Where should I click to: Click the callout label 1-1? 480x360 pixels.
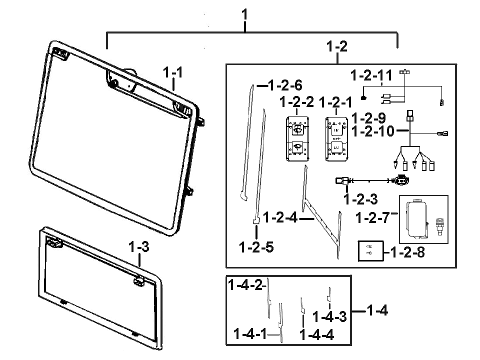[x=173, y=72]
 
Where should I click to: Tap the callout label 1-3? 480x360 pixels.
[x=138, y=247]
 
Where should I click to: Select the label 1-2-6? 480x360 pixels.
[x=285, y=85]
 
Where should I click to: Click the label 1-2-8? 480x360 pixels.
[x=406, y=252]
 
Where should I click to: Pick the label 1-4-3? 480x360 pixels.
[x=329, y=316]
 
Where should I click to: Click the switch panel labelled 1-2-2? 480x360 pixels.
[x=296, y=139]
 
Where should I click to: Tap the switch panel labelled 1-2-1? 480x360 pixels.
[x=336, y=139]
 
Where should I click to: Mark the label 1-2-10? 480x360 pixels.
[x=373, y=132]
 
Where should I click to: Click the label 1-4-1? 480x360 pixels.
[x=250, y=333]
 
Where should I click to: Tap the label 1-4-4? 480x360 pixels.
[x=317, y=334]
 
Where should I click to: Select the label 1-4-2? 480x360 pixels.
[x=245, y=285]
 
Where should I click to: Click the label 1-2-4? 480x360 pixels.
[x=280, y=217]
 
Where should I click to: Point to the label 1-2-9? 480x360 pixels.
[x=368, y=119]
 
